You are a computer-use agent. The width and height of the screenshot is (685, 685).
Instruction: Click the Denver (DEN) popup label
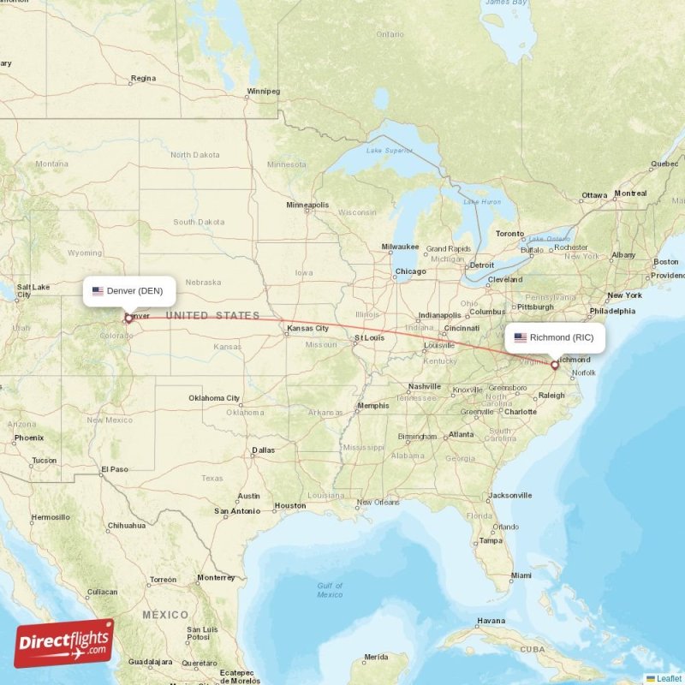pyautogui.click(x=130, y=291)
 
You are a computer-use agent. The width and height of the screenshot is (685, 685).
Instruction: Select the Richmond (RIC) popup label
pyautogui.click(x=555, y=337)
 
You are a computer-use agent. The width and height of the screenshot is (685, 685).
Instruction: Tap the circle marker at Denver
pyautogui.click(x=128, y=319)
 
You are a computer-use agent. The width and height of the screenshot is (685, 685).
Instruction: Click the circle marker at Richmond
pyautogui.click(x=555, y=365)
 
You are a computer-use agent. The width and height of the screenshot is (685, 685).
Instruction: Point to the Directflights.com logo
pyautogui.click(x=63, y=643)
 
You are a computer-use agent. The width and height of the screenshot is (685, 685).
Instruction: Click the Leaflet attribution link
pyautogui.click(x=669, y=678)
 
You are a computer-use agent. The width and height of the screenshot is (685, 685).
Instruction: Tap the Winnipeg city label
pyautogui.click(x=263, y=91)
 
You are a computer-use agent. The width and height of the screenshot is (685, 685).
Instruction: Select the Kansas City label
pyautogui.click(x=307, y=328)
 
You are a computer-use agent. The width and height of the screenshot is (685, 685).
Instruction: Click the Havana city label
pyautogui.click(x=491, y=621)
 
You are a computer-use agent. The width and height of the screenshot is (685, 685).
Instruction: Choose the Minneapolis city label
pyautogui.click(x=307, y=205)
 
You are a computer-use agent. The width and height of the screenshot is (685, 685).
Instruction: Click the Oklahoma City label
pyautogui.click(x=214, y=398)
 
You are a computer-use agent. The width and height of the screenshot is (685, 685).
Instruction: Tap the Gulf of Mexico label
pyautogui.click(x=330, y=590)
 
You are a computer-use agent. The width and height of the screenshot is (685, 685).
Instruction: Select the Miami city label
pyautogui.click(x=521, y=575)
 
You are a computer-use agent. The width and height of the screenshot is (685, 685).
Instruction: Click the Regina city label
pyautogui.click(x=143, y=79)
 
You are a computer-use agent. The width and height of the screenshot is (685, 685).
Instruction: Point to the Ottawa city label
pyautogui.click(x=594, y=195)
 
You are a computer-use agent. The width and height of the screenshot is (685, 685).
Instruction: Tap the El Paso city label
pyautogui.click(x=114, y=469)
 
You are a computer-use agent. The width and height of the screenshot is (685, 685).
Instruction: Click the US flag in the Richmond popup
pyautogui.click(x=520, y=337)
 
